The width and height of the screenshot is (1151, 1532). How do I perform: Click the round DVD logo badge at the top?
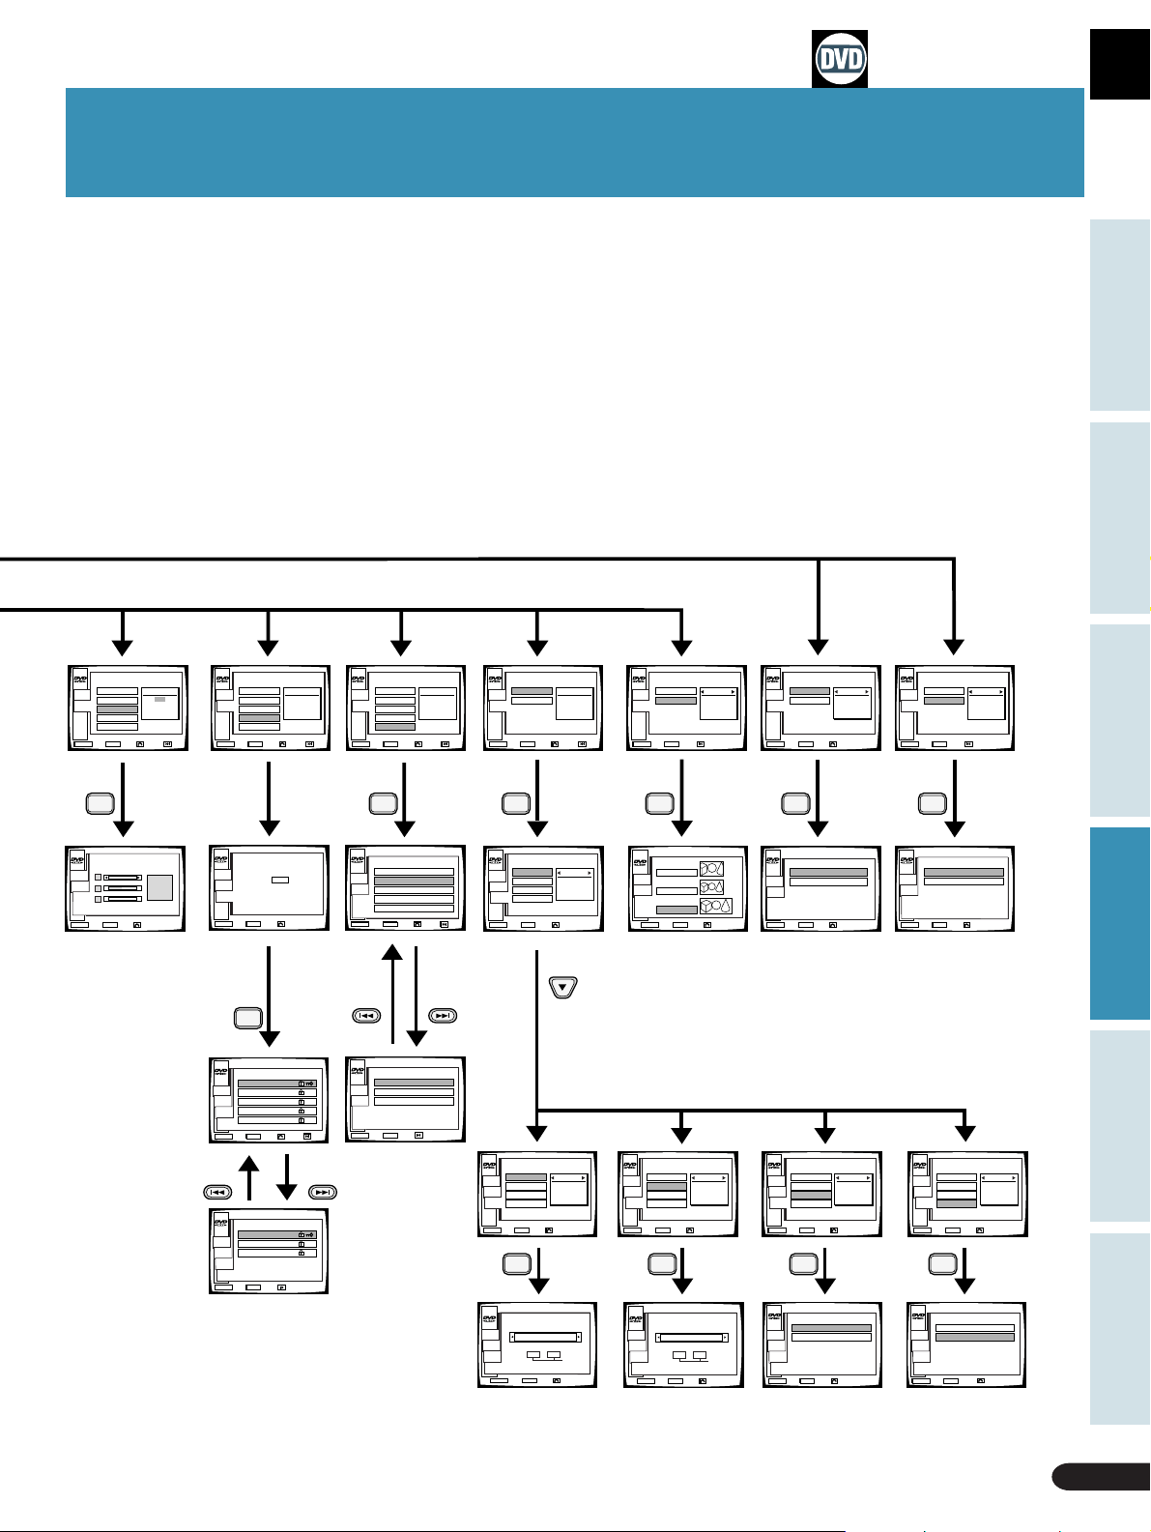tap(840, 59)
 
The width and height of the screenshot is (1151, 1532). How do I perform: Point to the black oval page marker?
tap(1100, 1476)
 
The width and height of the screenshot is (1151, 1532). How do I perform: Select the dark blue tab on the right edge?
tap(1120, 923)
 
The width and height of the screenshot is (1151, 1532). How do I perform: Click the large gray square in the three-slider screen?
tap(159, 888)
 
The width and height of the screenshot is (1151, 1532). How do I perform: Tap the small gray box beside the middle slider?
tap(99, 887)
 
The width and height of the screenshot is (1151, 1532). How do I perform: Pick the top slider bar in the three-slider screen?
tap(123, 877)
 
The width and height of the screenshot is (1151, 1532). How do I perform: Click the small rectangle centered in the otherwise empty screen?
tap(280, 880)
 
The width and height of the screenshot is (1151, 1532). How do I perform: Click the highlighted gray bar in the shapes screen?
tap(676, 910)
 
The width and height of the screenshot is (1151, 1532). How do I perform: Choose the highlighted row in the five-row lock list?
tap(276, 1084)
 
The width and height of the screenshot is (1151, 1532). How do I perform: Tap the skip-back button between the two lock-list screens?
tap(216, 1191)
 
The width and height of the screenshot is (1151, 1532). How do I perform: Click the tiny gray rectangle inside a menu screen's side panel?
tap(159, 699)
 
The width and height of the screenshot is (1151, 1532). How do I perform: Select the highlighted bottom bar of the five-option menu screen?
tap(394, 726)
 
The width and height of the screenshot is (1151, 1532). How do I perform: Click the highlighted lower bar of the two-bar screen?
tap(975, 1337)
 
